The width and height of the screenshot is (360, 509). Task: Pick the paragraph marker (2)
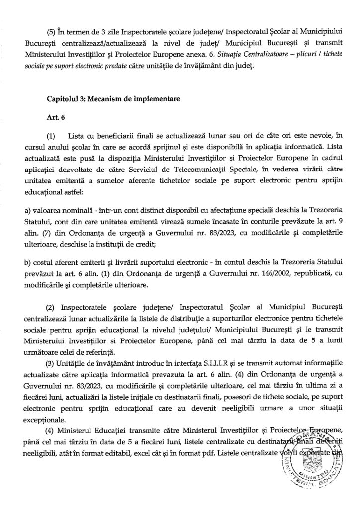click(x=51, y=303)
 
